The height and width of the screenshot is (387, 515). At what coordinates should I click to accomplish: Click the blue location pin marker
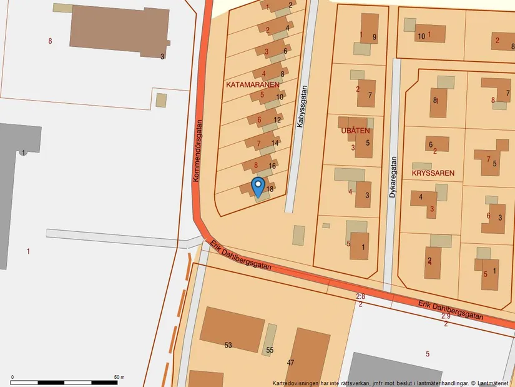point(257,186)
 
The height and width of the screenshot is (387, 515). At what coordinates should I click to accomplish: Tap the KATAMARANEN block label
point(253,83)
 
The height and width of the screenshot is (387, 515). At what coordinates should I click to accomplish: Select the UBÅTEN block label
point(356,131)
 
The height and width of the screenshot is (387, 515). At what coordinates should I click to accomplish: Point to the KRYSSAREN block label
point(433,172)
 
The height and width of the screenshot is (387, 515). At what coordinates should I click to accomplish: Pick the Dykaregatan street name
point(393,177)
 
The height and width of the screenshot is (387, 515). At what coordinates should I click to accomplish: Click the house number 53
point(228,344)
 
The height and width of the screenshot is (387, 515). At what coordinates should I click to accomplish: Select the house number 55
point(270,350)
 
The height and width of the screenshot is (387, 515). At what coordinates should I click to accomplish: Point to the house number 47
point(290,362)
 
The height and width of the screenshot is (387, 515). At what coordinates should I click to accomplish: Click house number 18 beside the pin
point(270,189)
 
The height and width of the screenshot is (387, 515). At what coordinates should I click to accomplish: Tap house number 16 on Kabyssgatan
point(272,166)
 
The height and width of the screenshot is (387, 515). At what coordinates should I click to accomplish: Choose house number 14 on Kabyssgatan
point(275,143)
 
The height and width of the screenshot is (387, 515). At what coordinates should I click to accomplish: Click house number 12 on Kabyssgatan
point(277,119)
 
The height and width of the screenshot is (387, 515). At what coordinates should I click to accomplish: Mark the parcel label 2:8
point(360,296)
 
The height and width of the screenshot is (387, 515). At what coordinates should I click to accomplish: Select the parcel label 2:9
point(446,316)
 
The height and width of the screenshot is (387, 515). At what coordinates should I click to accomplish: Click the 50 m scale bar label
point(119,378)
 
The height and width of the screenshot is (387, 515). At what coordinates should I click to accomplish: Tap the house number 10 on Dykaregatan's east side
point(421,36)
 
